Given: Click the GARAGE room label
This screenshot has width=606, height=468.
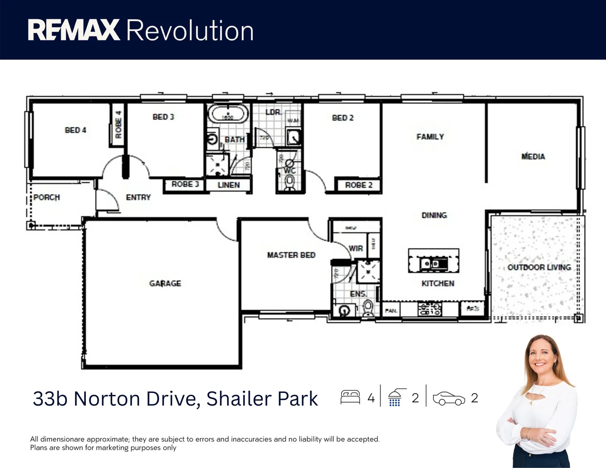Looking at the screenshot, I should point(165,283).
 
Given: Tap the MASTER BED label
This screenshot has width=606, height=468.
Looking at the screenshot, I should point(291,255).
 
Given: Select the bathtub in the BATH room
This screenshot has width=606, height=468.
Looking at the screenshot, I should point(228,114).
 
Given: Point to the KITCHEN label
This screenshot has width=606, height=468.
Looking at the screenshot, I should point(438,283).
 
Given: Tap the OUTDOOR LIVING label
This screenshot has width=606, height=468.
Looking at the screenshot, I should point(539,267).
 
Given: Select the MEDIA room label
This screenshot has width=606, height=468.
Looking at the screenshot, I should point(533,156).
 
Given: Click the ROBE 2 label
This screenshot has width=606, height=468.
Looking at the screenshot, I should point(358,185).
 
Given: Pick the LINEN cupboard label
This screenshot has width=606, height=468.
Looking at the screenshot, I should point(228,185).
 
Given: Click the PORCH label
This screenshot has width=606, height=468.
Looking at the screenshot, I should point(47,198).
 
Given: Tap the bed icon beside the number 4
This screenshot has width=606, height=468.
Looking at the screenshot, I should point(350,397).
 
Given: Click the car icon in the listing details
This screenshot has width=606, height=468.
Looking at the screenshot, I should point(449,398).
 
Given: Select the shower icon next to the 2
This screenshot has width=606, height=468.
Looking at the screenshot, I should point(396,397).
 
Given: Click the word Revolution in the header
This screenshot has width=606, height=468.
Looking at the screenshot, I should point(190,31).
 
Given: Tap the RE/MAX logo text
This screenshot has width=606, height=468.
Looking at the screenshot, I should point(74,30).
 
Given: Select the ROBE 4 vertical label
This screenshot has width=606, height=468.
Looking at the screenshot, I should point(118,125).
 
